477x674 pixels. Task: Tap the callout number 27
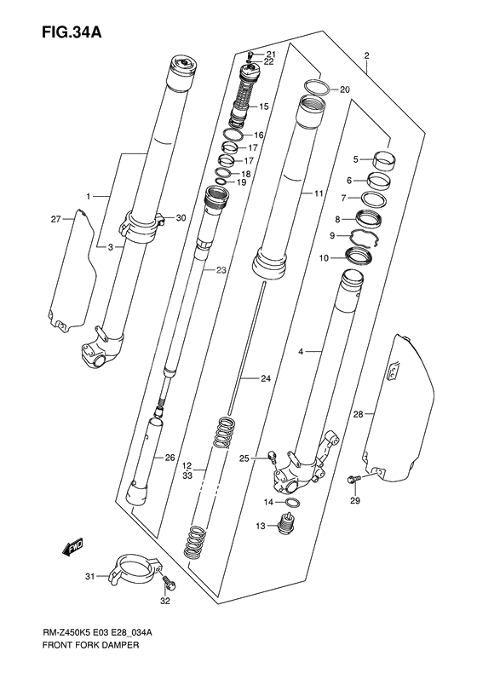click(56, 220)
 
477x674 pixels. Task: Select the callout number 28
click(358, 415)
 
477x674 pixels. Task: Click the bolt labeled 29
click(352, 482)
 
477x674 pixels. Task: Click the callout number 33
click(187, 477)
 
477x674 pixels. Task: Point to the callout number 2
click(366, 57)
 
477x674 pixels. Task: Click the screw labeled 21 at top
click(249, 53)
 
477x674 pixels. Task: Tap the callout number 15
click(264, 107)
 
